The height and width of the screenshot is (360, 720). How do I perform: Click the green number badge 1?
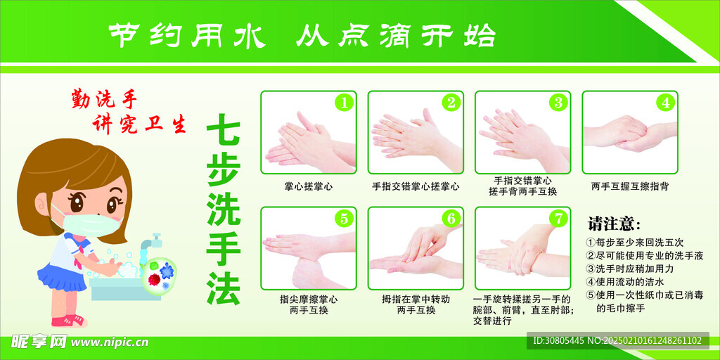343,103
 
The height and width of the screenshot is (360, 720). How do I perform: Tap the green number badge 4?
664,103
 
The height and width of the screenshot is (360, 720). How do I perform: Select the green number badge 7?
558,218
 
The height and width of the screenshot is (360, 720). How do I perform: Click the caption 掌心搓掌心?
309,186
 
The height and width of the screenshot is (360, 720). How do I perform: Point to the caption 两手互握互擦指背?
630,186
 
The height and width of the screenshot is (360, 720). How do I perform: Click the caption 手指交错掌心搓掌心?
416,186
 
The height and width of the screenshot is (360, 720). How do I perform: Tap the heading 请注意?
614,224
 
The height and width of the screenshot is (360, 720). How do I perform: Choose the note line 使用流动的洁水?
629,282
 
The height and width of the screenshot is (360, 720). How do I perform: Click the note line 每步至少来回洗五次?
639,243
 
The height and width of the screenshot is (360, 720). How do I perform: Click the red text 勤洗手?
101,99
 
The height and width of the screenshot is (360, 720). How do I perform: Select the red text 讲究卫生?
140,124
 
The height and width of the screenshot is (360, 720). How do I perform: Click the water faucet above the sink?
148,243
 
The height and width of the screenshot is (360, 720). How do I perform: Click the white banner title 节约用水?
179,34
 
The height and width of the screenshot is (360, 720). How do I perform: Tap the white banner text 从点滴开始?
395,34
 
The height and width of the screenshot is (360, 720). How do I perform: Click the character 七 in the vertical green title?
224,131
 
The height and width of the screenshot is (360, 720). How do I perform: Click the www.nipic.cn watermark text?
110,342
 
